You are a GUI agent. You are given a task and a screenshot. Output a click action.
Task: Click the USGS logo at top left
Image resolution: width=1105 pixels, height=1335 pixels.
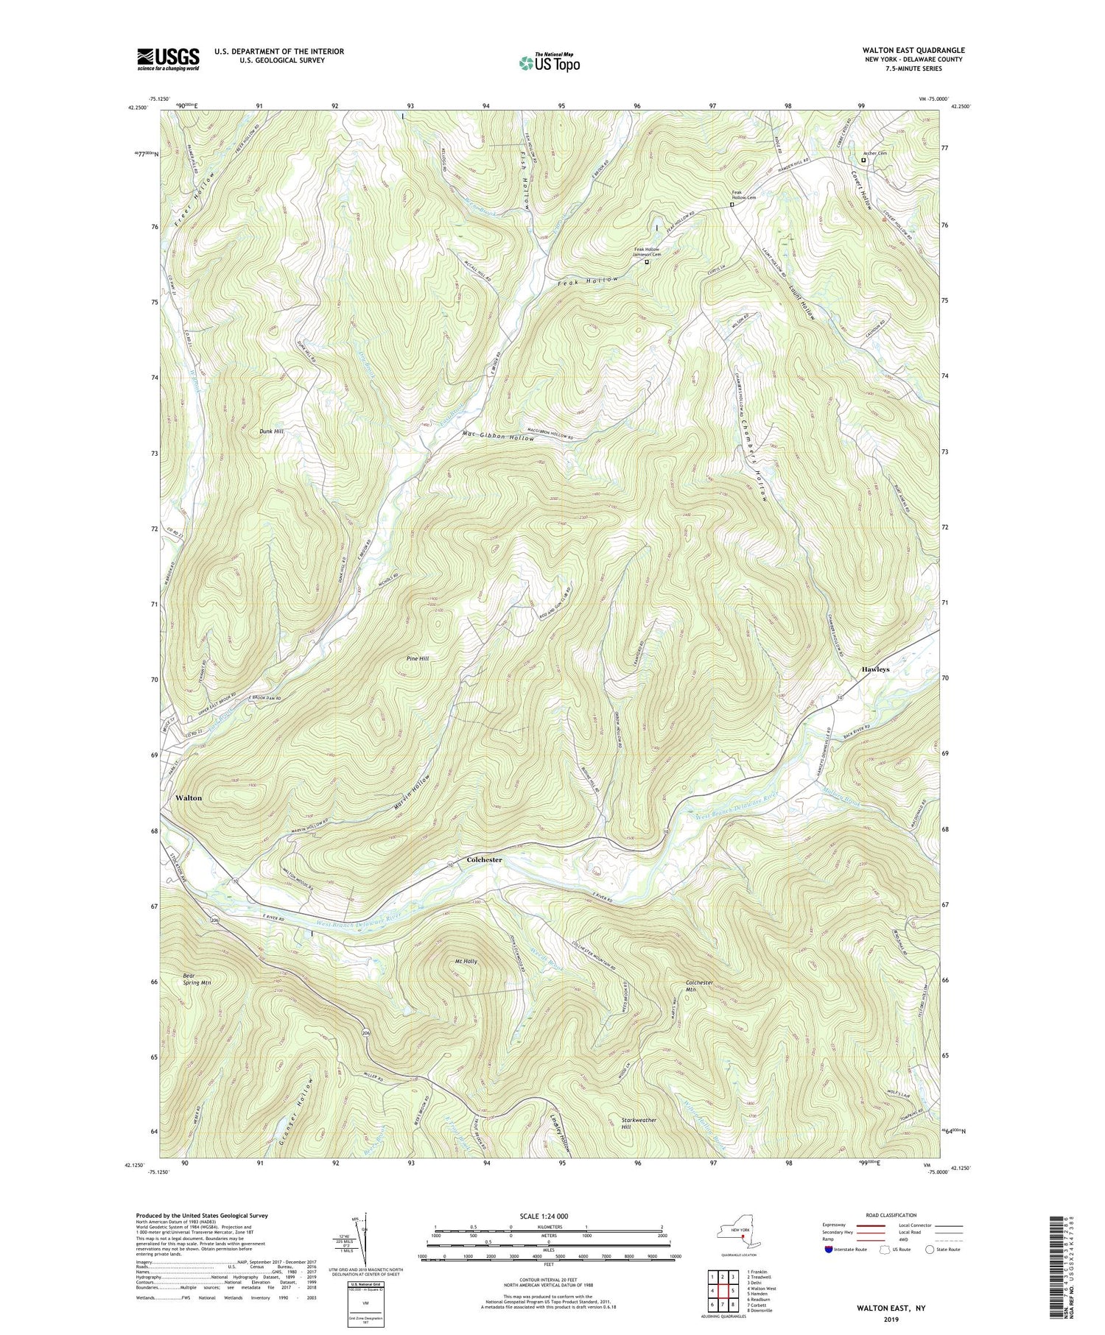click(x=168, y=58)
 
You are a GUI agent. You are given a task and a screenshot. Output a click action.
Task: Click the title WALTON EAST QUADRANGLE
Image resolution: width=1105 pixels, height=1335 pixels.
click(x=913, y=50)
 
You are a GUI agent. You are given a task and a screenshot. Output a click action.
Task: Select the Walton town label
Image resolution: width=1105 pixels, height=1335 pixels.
click(x=189, y=797)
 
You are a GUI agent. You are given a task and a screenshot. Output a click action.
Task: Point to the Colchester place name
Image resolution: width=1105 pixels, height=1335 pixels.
click(x=484, y=860)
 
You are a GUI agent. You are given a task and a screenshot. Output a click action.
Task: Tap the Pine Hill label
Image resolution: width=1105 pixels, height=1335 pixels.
click(x=418, y=658)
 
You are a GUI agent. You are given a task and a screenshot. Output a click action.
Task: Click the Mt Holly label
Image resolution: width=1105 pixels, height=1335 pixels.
click(x=466, y=962)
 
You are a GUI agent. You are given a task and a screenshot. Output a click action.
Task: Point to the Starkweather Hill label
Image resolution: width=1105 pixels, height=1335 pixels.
click(x=639, y=1123)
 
